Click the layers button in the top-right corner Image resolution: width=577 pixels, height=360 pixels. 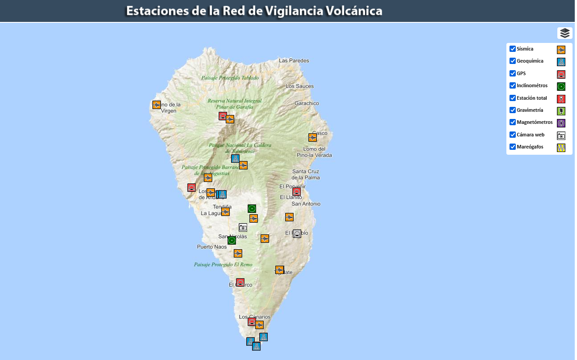(565, 33)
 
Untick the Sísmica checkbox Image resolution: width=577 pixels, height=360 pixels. (513, 49)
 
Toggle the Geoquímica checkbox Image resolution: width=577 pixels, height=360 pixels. (513, 61)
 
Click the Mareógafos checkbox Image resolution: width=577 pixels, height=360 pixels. (513, 147)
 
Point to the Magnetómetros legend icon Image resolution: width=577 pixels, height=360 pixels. (561, 123)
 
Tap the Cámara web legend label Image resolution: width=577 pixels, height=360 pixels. (531, 135)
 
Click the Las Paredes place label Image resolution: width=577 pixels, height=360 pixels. (294, 60)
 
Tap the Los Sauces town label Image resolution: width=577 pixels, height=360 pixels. (299, 86)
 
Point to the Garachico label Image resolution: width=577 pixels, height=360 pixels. (307, 103)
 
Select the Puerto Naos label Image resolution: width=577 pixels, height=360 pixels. (212, 247)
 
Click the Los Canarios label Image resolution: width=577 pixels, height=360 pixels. (255, 317)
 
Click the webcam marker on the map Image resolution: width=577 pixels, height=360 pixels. (243, 227)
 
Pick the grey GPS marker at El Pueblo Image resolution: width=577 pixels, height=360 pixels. (297, 233)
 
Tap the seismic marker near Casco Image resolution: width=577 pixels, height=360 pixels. (312, 137)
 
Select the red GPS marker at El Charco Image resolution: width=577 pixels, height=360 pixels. (240, 283)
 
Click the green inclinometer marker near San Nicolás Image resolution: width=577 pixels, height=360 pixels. (232, 241)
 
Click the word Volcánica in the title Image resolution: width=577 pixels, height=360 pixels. (354, 11)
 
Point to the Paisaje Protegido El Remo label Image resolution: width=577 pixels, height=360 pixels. (223, 264)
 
